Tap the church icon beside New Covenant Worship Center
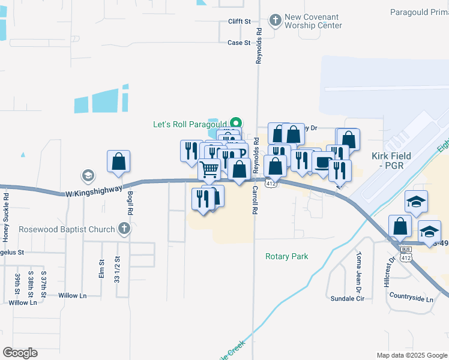[276, 21]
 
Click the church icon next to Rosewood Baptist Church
[124, 229]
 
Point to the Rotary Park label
[287, 256]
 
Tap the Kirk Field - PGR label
[391, 160]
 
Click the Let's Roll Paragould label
[188, 125]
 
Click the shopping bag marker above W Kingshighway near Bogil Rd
[119, 161]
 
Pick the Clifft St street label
[239, 22]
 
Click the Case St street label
[239, 43]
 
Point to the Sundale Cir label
[348, 298]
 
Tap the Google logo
[20, 353]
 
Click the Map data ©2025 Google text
[411, 355]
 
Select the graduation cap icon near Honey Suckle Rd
[88, 176]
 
